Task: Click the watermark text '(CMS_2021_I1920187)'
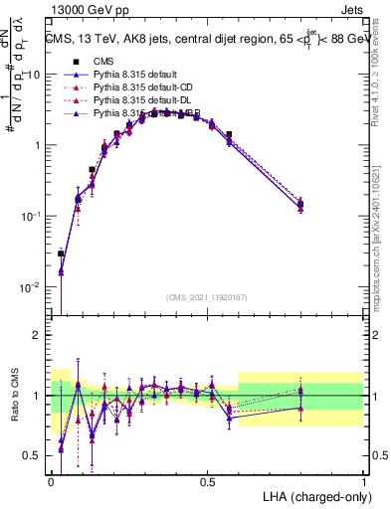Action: pos(207,297)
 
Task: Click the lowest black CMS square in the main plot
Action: pos(61,254)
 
